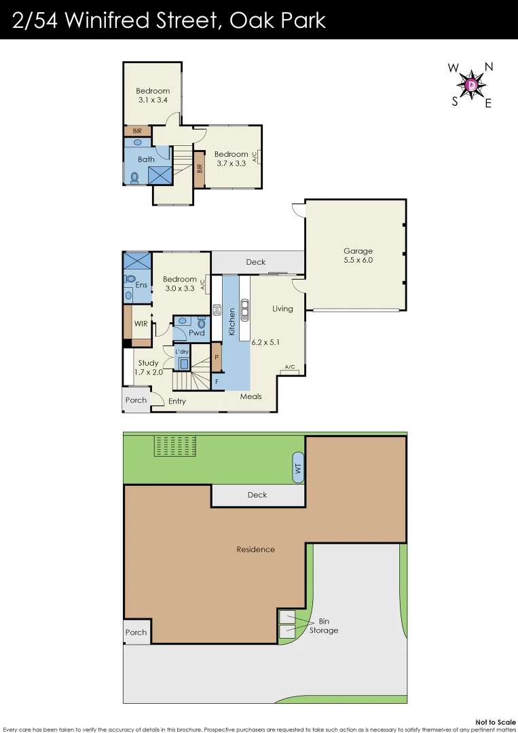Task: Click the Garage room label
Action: tap(358, 251)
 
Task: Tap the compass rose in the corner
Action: tap(470, 85)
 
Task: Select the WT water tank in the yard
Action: tap(298, 468)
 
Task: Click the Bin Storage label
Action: tap(323, 626)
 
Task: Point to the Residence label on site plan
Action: tap(255, 549)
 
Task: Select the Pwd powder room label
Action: tap(196, 333)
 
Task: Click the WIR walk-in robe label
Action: tap(141, 324)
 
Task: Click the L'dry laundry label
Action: tap(182, 352)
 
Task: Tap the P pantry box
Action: tap(217, 358)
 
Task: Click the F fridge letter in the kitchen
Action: tap(217, 382)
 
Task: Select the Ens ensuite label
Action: tap(141, 285)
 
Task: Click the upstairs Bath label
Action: tap(146, 159)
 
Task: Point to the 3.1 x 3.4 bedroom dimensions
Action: tap(153, 100)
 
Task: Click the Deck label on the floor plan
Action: tap(256, 262)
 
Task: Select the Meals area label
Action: tap(251, 396)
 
